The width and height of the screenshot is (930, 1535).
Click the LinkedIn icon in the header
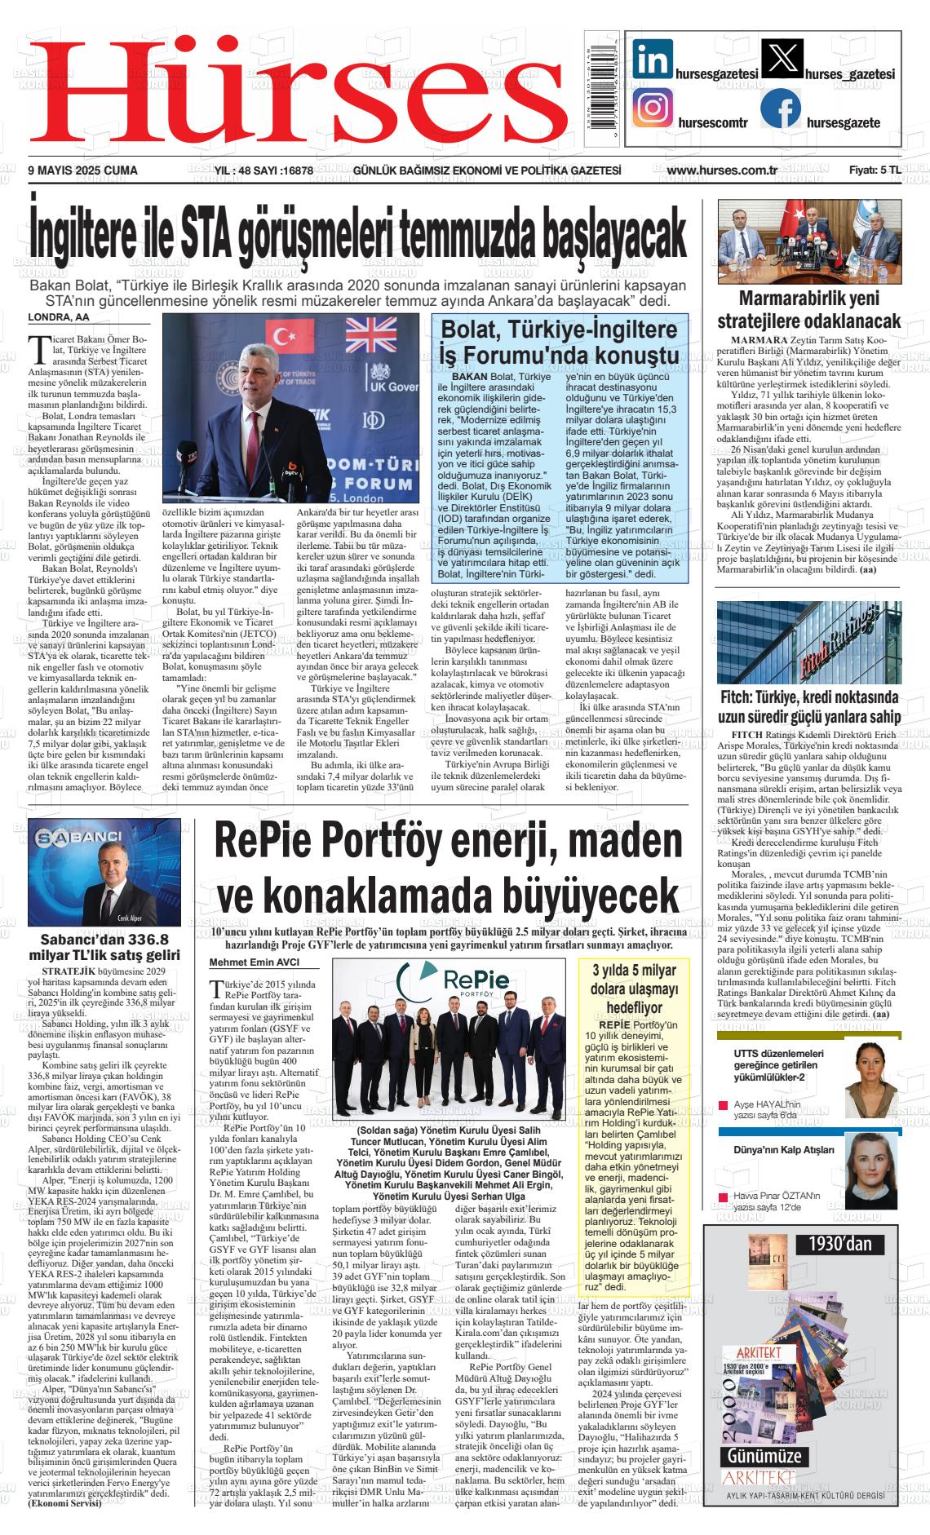653,60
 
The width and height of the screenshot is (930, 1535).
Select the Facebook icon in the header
781,109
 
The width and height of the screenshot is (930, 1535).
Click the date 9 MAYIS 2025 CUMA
82,170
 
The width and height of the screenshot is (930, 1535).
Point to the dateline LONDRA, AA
59,317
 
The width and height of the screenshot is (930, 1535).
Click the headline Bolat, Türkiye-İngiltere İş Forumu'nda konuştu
558,343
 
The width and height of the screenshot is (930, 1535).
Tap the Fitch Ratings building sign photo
808,642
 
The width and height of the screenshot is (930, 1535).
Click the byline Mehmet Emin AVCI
255,962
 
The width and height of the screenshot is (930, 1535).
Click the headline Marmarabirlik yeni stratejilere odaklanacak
808,308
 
